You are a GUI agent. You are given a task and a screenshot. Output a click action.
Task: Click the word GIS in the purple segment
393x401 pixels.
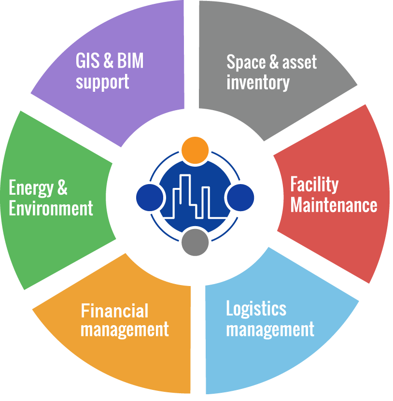[x=87, y=62]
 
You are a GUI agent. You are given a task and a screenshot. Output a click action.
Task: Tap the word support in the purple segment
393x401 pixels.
[x=102, y=82]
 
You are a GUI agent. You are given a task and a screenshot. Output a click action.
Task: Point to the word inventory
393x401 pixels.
[x=258, y=83]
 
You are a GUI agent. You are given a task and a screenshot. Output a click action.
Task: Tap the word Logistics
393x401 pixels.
[x=256, y=309]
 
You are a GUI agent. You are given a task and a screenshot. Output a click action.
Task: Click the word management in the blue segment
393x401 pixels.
[x=270, y=330]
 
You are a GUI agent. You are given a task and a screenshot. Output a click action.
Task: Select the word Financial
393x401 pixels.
[x=114, y=310]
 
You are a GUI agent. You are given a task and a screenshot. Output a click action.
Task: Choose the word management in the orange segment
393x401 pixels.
[x=125, y=330]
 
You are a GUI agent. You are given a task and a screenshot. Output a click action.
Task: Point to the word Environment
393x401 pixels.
[x=51, y=209]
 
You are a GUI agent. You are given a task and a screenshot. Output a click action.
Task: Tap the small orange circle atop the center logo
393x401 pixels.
[x=195, y=149]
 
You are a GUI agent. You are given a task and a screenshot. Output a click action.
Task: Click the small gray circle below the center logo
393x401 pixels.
[x=195, y=242]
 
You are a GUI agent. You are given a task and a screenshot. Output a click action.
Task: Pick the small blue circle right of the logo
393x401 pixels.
[x=240, y=197]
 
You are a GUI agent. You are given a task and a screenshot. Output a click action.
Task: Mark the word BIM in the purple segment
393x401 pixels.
[x=131, y=62]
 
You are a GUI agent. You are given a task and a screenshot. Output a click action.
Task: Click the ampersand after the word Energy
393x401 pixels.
[x=62, y=188]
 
